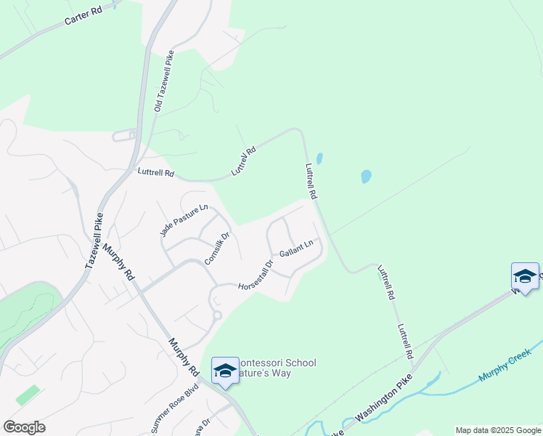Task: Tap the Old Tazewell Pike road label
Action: (164, 80)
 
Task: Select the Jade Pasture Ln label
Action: (179, 219)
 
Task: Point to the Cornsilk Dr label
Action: (216, 247)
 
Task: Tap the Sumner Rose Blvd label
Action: (175, 408)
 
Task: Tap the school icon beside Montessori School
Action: (225, 371)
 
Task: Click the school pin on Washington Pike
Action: (525, 276)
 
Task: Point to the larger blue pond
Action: (366, 176)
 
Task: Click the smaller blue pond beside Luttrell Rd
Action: (319, 158)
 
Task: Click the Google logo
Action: (24, 427)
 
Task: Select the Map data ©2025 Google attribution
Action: (498, 430)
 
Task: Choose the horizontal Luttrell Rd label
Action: (155, 174)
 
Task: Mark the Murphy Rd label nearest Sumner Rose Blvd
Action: (184, 356)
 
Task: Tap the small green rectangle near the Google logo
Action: (28, 395)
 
